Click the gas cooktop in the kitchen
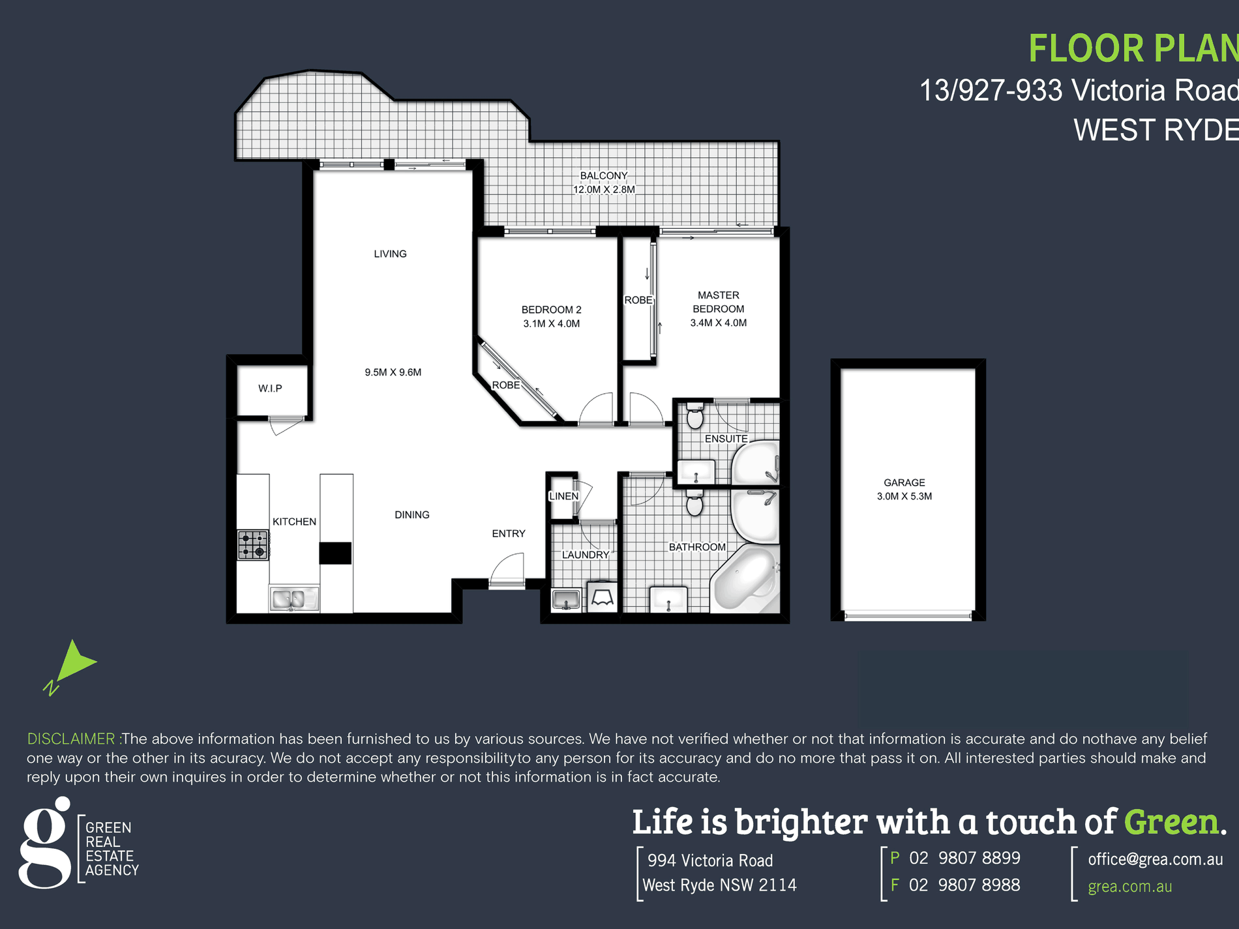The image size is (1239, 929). click(253, 545)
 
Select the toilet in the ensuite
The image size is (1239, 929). click(695, 415)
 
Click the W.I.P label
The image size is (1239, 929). click(270, 389)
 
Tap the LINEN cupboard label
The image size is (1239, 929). click(563, 496)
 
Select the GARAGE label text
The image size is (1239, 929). click(904, 482)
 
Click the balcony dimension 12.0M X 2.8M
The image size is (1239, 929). click(604, 190)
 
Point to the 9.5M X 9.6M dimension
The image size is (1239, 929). click(393, 372)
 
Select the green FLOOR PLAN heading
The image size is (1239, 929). click(1133, 49)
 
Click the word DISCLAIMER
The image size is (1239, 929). click(71, 739)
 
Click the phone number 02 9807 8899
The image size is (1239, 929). click(964, 858)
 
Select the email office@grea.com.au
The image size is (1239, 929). click(1156, 859)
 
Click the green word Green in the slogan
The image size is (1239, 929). click(1171, 821)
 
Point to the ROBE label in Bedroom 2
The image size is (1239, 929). click(506, 385)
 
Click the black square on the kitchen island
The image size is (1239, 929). click(335, 553)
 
